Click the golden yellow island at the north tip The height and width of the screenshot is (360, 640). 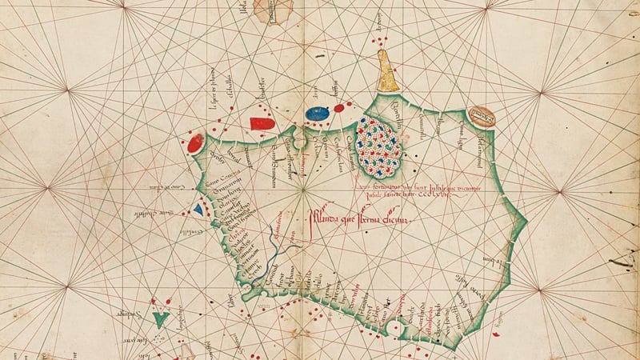387,72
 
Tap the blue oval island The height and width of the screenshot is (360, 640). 318,113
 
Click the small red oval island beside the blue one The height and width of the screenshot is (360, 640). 339,107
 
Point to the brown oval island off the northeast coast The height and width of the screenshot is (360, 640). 482,117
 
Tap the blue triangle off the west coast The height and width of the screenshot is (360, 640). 198,209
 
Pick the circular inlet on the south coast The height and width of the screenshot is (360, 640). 391,328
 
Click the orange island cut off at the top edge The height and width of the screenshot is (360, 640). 273,8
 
